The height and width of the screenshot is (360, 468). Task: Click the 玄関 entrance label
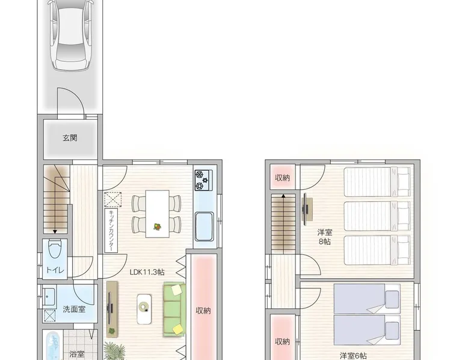pos(70,138)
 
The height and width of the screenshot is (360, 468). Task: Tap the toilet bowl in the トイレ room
pos(55,249)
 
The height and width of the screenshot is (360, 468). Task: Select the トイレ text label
pos(55,270)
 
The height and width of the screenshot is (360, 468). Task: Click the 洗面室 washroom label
pos(74,310)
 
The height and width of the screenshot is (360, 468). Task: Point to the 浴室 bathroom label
pos(77,355)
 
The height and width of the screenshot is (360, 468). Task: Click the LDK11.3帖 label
pos(147,272)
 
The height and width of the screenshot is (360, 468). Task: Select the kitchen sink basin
pos(204,227)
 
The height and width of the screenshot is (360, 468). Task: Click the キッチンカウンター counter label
pos(111,230)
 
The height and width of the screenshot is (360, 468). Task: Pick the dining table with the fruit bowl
pos(157,214)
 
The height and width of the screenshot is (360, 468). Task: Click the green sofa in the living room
pos(174,310)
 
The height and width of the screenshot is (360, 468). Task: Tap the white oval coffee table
pos(144,309)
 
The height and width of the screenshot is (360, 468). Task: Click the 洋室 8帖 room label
pos(325,237)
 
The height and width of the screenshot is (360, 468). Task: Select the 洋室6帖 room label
pos(353,356)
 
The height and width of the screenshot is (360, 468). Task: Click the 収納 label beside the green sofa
pos(203,311)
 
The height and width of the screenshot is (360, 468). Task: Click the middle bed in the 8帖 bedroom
pos(377,216)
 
